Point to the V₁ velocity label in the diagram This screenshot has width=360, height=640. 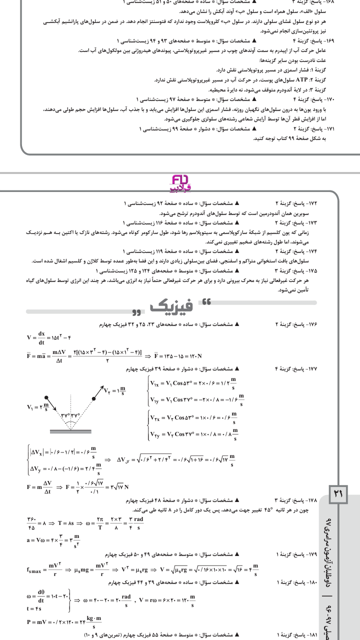pyautogui.click(x=38, y=406)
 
